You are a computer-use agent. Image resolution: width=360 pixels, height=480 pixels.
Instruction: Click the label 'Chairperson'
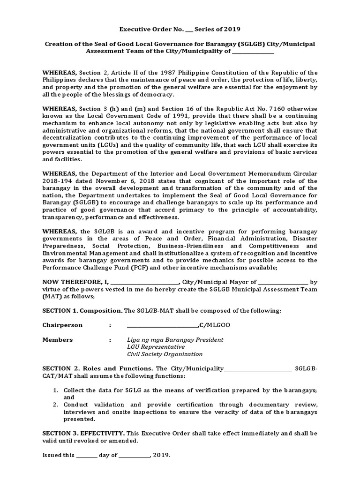point(62,325)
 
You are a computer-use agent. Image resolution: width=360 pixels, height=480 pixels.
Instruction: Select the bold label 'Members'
point(58,339)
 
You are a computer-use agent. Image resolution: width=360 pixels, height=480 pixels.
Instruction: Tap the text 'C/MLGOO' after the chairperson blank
point(215,325)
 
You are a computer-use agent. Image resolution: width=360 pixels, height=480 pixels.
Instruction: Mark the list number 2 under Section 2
point(55,405)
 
